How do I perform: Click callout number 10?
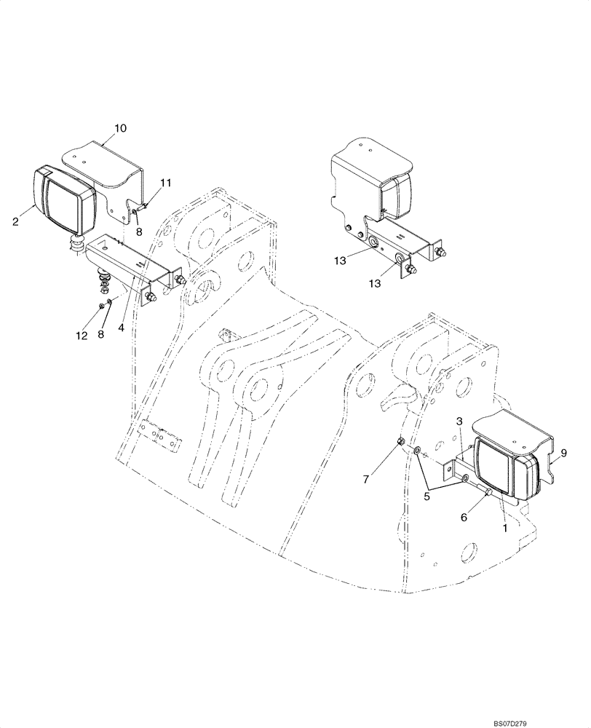pos(120,128)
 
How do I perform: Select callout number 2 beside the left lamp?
pos(15,222)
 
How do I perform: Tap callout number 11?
pos(166,183)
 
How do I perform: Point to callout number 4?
pos(122,328)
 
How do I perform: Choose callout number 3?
pos(460,422)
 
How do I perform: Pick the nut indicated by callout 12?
pos(100,306)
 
